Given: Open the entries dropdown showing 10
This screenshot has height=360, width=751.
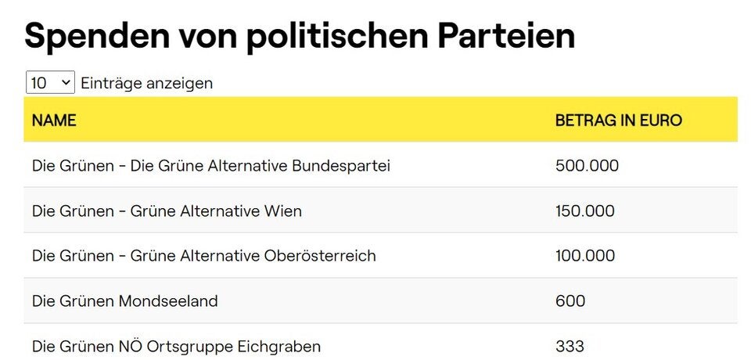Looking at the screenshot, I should [50, 82].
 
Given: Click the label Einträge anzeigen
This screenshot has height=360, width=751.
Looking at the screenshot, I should [146, 83].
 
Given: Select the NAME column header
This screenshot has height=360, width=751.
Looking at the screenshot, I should [54, 121].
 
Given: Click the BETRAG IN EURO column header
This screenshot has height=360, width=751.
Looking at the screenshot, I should [618, 121].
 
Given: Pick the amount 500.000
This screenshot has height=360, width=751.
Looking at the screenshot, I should [587, 166].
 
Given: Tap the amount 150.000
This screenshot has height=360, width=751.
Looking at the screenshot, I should [585, 211].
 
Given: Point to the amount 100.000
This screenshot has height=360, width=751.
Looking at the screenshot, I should [585, 256].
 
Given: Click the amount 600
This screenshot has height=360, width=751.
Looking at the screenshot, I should [570, 301].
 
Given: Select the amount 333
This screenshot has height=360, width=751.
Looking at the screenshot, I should [570, 346].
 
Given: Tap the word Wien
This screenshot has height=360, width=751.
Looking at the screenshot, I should [283, 211].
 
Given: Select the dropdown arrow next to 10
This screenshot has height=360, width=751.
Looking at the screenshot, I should [65, 82].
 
